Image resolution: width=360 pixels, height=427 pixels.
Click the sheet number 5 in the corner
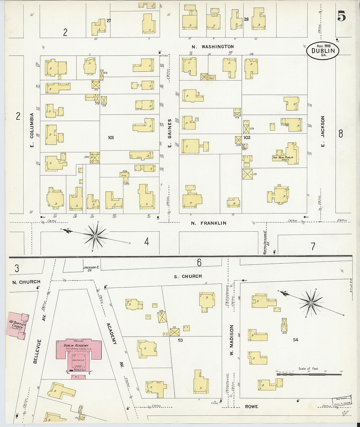pyautogui.click(x=341, y=16)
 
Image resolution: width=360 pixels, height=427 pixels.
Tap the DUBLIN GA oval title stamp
pyautogui.click(x=323, y=51)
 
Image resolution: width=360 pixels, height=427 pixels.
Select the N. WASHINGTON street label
pyautogui.click(x=213, y=47)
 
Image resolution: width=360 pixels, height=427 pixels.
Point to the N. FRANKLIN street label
pyautogui.click(x=208, y=223)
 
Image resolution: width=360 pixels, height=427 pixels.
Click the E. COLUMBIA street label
pyautogui.click(x=32, y=130)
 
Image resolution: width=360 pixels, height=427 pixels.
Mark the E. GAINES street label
pyautogui.click(x=170, y=133)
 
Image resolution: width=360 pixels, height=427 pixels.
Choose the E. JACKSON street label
pyautogui.click(x=323, y=131)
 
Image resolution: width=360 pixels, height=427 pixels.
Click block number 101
pyautogui.click(x=111, y=138)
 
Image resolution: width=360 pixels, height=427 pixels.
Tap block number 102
pyautogui.click(x=247, y=138)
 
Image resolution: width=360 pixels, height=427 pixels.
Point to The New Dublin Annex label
pyautogui.click(x=283, y=158)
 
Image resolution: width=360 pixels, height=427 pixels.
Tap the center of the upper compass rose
pyautogui.click(x=95, y=236)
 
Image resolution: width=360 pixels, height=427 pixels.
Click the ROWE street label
pyautogui.click(x=251, y=407)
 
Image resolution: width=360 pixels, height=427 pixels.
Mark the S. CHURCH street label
pyautogui.click(x=188, y=276)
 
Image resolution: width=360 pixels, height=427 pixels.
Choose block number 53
pyautogui.click(x=180, y=340)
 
